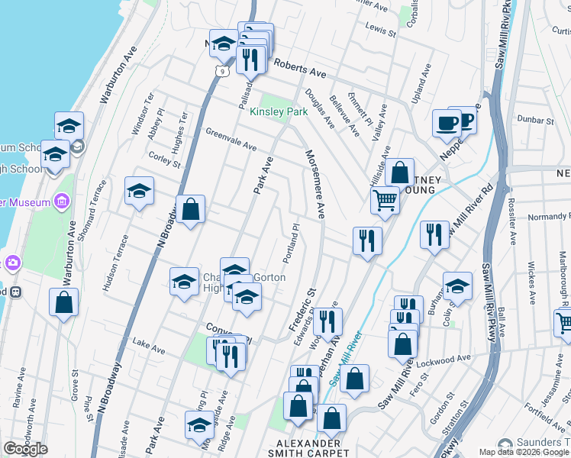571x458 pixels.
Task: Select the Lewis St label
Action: coord(381,30)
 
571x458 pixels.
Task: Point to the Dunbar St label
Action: coord(534,121)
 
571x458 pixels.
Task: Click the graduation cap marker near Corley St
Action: coord(139,191)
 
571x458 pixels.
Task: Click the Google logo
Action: coord(25,449)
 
